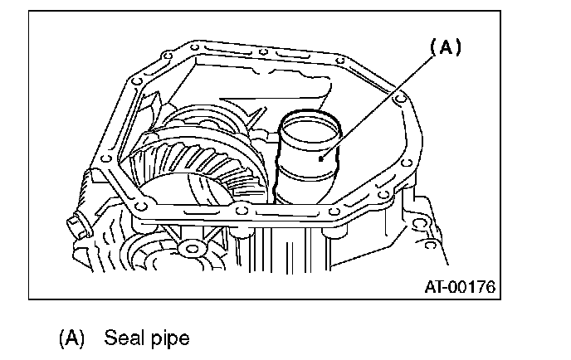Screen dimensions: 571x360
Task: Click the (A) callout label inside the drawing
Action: [x=445, y=48]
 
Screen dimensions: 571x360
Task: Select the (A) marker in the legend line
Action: [x=72, y=338]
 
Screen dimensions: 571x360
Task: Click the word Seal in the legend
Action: [x=122, y=338]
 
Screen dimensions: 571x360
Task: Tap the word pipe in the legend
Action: [x=172, y=339]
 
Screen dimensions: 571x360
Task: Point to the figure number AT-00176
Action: [x=459, y=288]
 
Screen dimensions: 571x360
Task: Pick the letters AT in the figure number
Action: [x=434, y=288]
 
